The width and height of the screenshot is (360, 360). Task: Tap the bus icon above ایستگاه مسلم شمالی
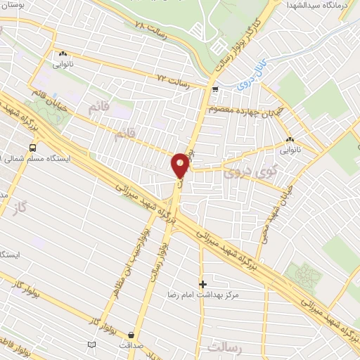tap(32, 148)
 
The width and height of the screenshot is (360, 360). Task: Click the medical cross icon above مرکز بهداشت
tap(203, 284)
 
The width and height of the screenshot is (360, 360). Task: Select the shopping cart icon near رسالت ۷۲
tap(215, 89)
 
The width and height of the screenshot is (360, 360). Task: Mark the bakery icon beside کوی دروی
tap(290, 139)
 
